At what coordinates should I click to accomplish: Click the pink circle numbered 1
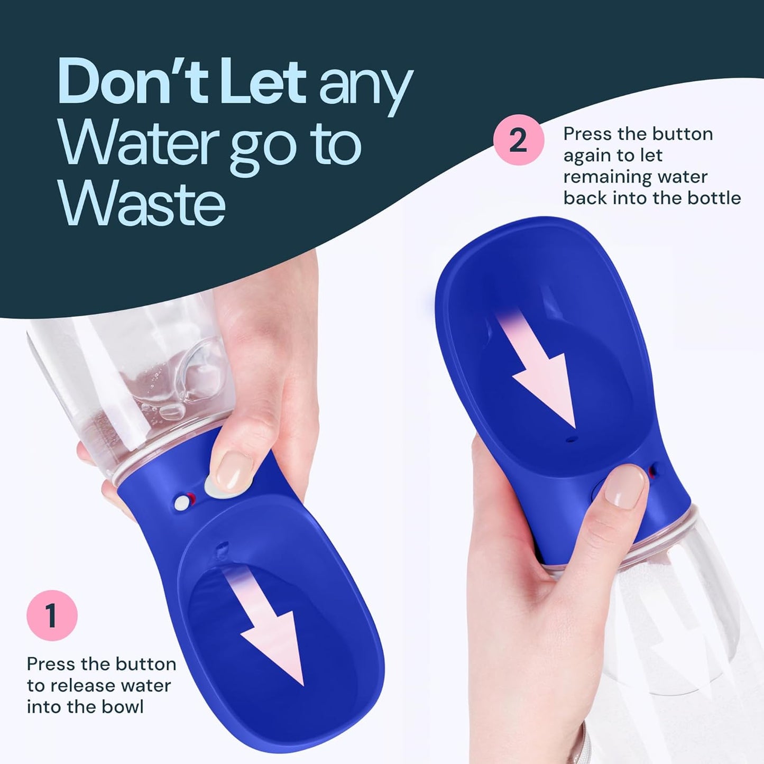click(52, 615)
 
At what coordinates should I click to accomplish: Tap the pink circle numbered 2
click(518, 140)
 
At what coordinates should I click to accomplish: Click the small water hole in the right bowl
click(569, 439)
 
